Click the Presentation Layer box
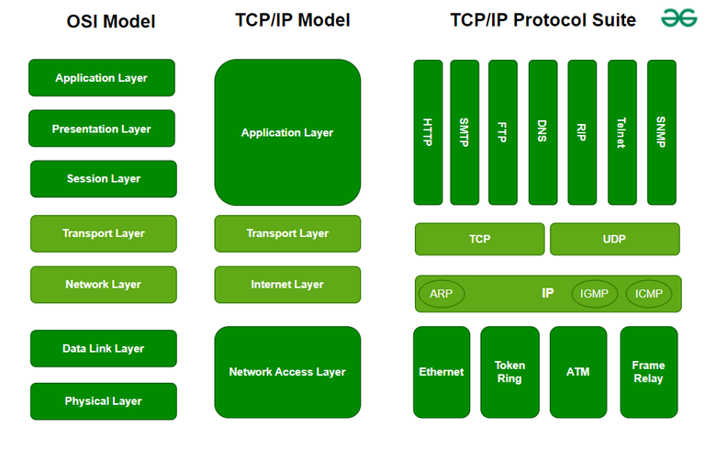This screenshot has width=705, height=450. tap(102, 129)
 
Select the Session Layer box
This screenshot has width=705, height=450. tap(103, 179)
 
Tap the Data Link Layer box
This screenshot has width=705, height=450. tap(103, 349)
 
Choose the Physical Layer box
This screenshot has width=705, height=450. tap(103, 401)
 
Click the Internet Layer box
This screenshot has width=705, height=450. tap(287, 285)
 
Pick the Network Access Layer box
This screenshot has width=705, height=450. tap(287, 372)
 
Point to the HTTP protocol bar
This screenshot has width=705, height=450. tap(428, 132)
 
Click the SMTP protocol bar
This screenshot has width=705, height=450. tap(464, 132)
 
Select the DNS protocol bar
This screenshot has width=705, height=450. tap(543, 132)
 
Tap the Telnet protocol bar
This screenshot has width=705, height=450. tap(621, 132)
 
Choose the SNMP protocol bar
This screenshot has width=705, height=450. tap(661, 132)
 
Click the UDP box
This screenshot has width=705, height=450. tap(614, 239)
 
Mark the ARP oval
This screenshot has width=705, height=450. tap(442, 294)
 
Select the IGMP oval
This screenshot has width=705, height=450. tap(595, 294)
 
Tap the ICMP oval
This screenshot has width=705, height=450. tap(649, 294)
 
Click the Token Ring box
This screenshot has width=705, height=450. tap(509, 372)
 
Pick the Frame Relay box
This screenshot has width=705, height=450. tap(648, 372)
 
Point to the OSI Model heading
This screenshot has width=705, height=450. tap(110, 22)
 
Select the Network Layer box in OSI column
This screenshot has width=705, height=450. tap(103, 285)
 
